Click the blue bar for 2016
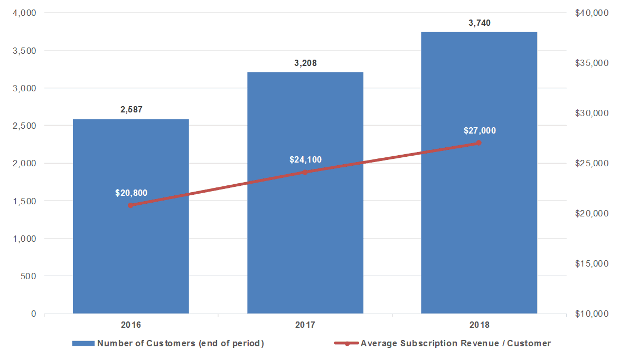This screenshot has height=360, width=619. [x=130, y=216]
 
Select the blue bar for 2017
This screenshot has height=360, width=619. [x=305, y=193]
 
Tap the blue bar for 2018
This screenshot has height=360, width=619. [x=479, y=173]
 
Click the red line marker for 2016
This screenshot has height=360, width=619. [x=130, y=205]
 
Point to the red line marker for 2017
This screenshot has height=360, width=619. [x=305, y=172]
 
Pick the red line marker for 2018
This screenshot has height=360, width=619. [x=479, y=143]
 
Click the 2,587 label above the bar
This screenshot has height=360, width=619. [x=132, y=109]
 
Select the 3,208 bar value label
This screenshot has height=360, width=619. [x=306, y=63]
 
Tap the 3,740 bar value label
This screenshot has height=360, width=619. [x=480, y=23]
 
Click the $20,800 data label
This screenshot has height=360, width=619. [x=131, y=193]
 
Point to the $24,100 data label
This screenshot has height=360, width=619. [x=306, y=159]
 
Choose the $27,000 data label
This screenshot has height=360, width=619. [x=480, y=131]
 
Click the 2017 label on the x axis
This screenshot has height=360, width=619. [x=305, y=325]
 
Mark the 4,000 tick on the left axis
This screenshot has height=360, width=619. [x=24, y=13]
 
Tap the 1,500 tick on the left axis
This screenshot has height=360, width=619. [x=24, y=201]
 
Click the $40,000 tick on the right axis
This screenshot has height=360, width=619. [x=592, y=13]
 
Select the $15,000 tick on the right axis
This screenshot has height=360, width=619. [x=592, y=263]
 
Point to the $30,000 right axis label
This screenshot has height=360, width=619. [x=592, y=113]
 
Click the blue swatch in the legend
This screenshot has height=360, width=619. [x=83, y=344]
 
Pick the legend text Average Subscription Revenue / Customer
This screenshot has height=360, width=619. [x=456, y=344]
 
